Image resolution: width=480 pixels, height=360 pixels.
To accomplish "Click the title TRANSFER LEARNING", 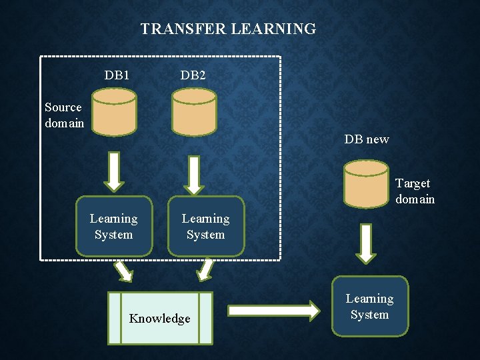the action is point(228,29).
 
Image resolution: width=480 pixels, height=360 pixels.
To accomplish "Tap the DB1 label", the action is point(117,75).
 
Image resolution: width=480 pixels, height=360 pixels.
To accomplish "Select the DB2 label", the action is point(193,75).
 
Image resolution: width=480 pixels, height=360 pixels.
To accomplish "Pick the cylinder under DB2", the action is point(194,111).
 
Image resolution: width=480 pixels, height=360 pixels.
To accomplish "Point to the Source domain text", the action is point(64,115).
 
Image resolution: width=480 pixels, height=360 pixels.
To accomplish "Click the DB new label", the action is point(367,139).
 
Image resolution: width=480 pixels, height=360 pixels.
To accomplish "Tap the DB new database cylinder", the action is point(366,183).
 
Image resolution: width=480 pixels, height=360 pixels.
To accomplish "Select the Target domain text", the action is point(414,191).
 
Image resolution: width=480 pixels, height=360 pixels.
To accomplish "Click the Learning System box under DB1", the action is point(113,226).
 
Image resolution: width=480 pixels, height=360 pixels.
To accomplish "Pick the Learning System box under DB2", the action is point(206,226).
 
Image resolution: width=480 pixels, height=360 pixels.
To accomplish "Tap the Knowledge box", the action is point(160,318).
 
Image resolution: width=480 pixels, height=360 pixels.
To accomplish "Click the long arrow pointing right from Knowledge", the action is point(273,310).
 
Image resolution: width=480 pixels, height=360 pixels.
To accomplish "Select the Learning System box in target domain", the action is point(370,306).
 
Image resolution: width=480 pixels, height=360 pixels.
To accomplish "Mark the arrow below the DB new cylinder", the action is point(365,243).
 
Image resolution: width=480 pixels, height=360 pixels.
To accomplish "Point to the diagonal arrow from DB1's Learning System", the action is point(124,270).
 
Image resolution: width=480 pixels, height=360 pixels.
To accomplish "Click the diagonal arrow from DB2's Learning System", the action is point(206,269).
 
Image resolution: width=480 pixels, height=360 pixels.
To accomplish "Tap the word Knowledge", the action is point(160,319).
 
